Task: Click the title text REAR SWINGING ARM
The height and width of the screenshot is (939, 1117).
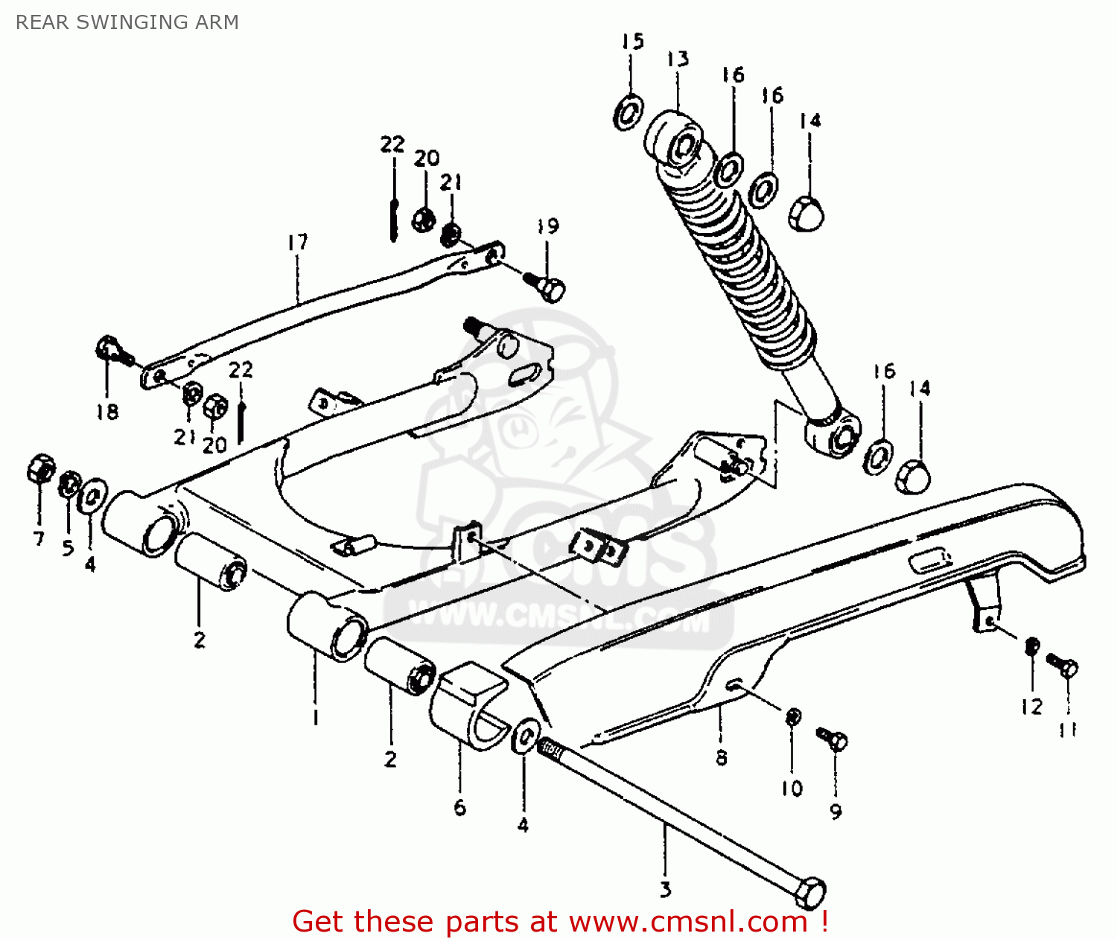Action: coord(127,22)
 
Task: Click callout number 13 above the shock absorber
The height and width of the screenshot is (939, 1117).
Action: coord(678,60)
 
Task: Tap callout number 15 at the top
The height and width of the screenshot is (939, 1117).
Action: coord(632,42)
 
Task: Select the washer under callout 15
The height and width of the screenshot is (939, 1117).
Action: coord(629,112)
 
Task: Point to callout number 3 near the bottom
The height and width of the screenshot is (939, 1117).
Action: coord(665,889)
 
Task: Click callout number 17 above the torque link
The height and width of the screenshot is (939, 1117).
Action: coord(297,243)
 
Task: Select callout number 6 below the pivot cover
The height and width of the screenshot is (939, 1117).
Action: coord(459,807)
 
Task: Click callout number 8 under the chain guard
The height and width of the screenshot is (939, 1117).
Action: coord(721,758)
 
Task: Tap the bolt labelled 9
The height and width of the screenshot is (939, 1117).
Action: coord(834,739)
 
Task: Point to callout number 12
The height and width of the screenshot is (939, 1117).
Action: coord(1031,707)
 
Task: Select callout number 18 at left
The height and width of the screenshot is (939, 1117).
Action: coord(107,412)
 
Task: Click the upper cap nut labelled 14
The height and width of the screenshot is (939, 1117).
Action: coord(807,213)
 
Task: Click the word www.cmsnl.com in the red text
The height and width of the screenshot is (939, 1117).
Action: coord(688,922)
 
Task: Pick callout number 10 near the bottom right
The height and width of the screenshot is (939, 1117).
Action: coord(792,788)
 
